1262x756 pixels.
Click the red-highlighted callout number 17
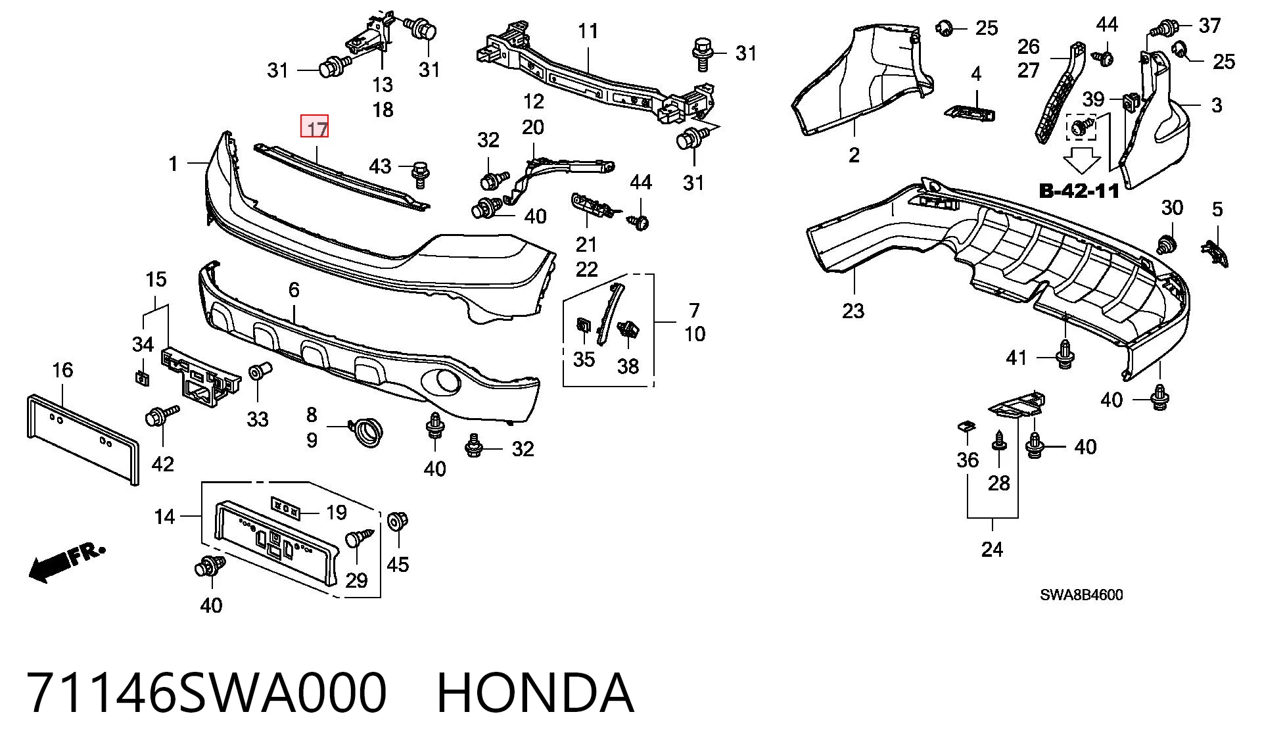(x=315, y=127)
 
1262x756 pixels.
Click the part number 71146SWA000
(x=207, y=693)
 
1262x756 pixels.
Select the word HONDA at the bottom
(x=535, y=693)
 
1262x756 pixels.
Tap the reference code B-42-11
(x=1079, y=191)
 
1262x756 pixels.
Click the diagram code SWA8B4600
(x=1081, y=595)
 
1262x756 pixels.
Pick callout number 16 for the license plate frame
(x=62, y=370)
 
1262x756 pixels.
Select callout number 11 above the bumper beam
(x=588, y=31)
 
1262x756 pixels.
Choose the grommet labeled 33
(x=257, y=373)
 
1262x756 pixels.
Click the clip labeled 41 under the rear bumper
(x=1065, y=355)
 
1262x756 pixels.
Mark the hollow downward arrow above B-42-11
(x=1082, y=160)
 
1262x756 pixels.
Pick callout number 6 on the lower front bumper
(x=294, y=289)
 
